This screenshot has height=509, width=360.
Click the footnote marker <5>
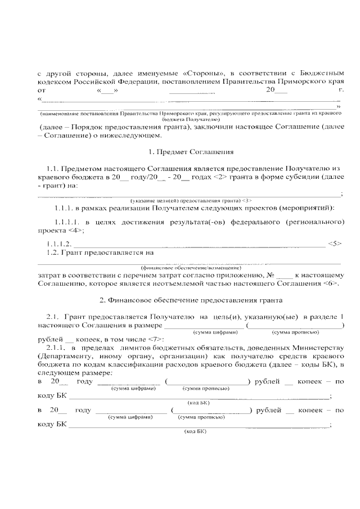tap(334, 244)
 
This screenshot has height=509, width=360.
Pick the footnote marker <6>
tap(331, 283)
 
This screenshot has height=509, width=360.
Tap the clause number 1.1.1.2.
tap(58, 244)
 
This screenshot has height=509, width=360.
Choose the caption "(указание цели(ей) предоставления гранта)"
tap(186, 201)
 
